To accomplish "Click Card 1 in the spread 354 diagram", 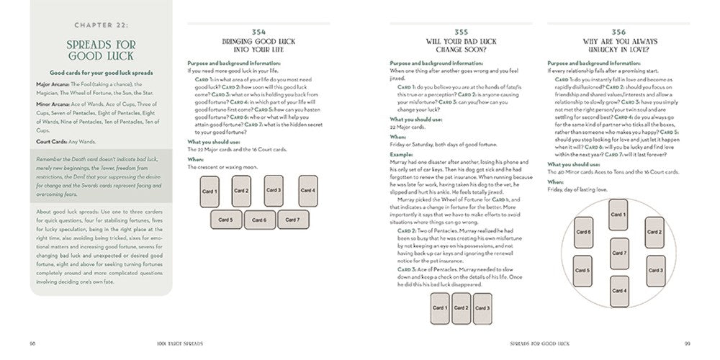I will [209, 191].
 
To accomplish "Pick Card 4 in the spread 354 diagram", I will [307, 191].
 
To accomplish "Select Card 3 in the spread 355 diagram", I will [482, 307].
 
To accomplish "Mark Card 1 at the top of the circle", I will [618, 215].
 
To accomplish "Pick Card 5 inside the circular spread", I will [584, 271].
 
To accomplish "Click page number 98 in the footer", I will [32, 342].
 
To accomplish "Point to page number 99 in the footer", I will [687, 342].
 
